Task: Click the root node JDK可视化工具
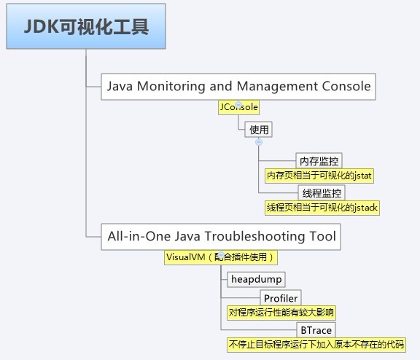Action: point(86,28)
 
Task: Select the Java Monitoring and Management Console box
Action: point(238,87)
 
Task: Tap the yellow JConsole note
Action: point(238,107)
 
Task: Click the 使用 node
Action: point(259,130)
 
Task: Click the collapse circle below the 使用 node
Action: point(259,142)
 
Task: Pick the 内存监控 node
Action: point(319,161)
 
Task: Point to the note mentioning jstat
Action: point(319,176)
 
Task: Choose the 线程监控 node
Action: point(322,193)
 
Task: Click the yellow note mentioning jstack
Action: point(322,208)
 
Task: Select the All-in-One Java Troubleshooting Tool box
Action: point(222,236)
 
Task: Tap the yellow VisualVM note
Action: point(221,257)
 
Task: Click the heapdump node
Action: point(255,279)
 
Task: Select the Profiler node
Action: point(281,298)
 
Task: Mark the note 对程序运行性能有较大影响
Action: point(281,313)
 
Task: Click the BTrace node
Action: point(316,330)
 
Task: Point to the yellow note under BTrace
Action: point(315,345)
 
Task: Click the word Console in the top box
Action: point(343,87)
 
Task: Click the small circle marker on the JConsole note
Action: point(238,104)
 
